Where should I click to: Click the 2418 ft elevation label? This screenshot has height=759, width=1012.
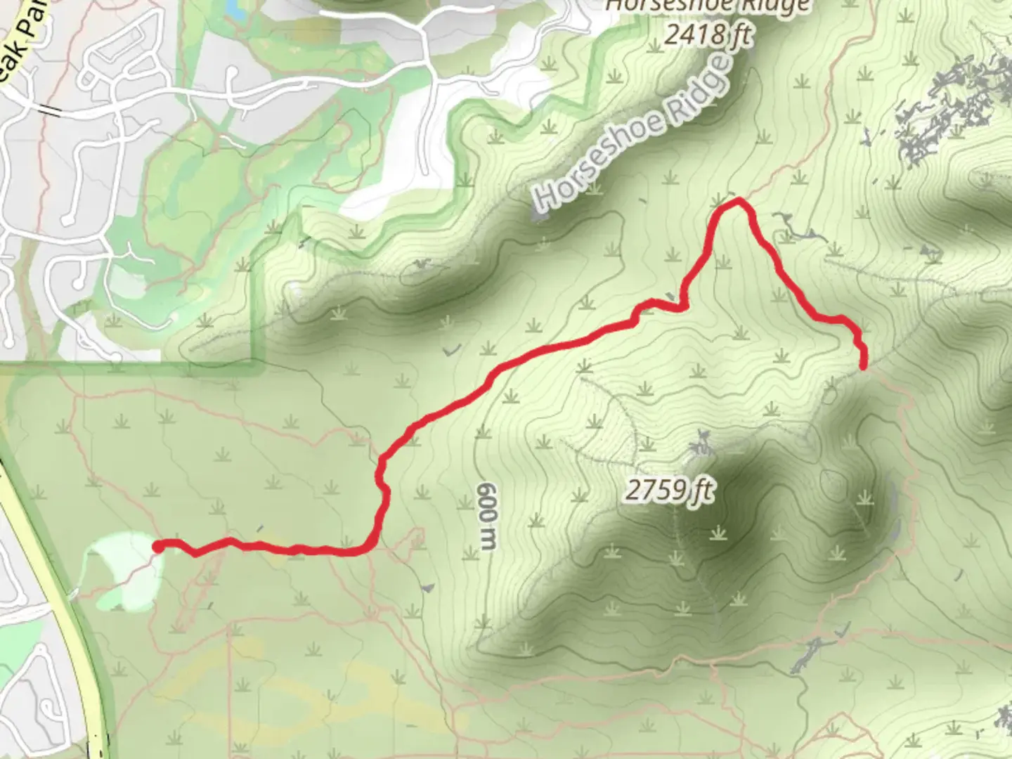pos(708,34)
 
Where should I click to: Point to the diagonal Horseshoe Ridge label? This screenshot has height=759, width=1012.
pos(632,134)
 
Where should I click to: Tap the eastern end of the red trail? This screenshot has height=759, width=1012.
pos(863,363)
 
